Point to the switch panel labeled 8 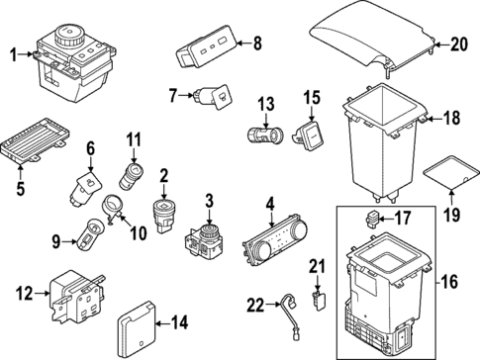pos(206,45)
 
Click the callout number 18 pos(451,119)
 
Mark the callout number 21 pos(318,265)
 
